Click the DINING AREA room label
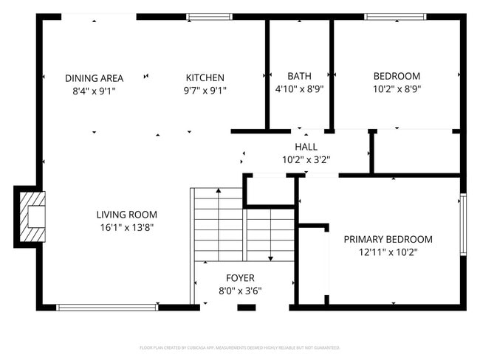click(94, 77)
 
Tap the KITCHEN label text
click(205, 77)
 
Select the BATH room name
click(299, 76)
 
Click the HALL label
click(306, 147)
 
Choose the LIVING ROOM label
click(127, 215)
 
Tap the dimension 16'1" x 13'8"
click(127, 227)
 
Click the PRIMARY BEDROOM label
click(388, 239)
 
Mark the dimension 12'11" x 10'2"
click(388, 252)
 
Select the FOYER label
click(240, 278)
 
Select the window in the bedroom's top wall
click(396, 16)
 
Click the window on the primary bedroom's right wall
click(463, 224)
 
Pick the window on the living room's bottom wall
click(107, 307)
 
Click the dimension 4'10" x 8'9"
click(299, 89)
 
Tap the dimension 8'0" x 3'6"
click(240, 291)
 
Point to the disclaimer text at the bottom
click(240, 347)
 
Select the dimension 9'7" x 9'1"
click(205, 91)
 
